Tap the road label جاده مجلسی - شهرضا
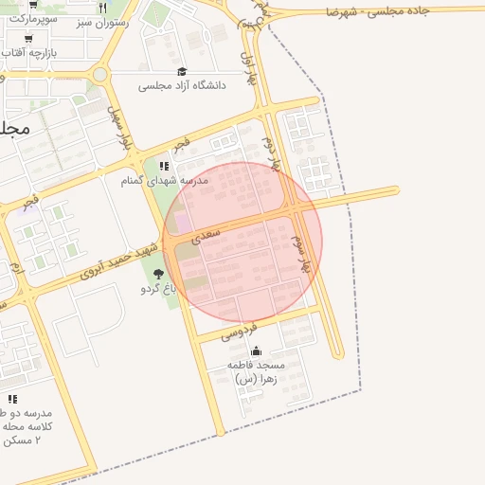tap(377, 11)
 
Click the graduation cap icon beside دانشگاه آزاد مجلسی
tap(182, 71)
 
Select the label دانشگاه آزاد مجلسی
tap(182, 86)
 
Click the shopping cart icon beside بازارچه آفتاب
tap(28, 39)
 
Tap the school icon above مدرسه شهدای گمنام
tap(164, 166)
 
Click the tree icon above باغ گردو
tap(158, 274)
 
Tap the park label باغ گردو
tap(160, 288)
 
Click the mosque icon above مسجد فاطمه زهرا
tap(256, 350)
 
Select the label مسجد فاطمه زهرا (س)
tap(256, 371)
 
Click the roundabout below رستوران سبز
tap(100, 74)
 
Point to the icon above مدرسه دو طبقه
tap(12, 399)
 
